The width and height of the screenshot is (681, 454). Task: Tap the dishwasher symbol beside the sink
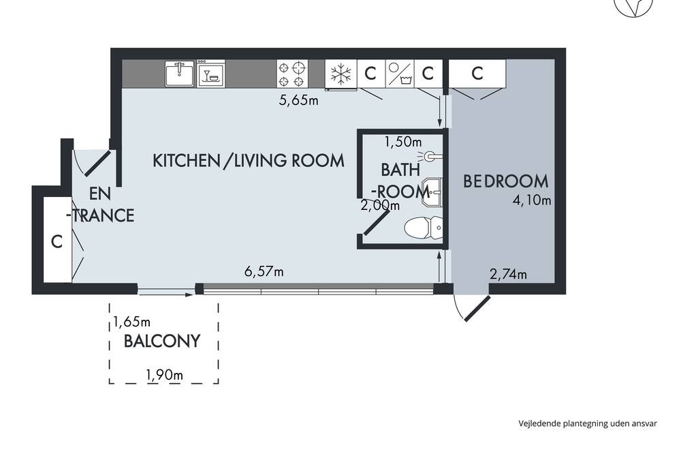point(211,74)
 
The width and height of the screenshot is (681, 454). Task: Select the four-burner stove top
point(292,74)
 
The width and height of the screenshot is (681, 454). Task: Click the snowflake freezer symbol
point(341,74)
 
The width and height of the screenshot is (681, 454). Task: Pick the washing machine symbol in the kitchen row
point(400,74)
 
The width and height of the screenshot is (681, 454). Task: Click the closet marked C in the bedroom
point(477,74)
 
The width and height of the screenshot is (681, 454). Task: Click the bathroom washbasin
point(432,192)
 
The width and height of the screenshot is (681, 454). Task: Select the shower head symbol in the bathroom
point(430,155)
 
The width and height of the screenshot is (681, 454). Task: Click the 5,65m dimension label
point(298,100)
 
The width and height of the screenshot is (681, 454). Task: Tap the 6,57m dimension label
point(264,272)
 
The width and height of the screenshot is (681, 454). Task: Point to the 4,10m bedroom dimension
point(532,200)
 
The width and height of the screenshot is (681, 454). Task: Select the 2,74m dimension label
point(508,275)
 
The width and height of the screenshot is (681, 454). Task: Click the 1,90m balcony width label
point(164,374)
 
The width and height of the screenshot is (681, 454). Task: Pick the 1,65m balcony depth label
point(131,322)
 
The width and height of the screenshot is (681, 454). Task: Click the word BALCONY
point(162,342)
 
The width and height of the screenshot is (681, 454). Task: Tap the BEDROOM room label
point(505,181)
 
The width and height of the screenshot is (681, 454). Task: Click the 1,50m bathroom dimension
point(403,142)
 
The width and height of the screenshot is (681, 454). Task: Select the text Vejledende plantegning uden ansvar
point(588,423)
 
